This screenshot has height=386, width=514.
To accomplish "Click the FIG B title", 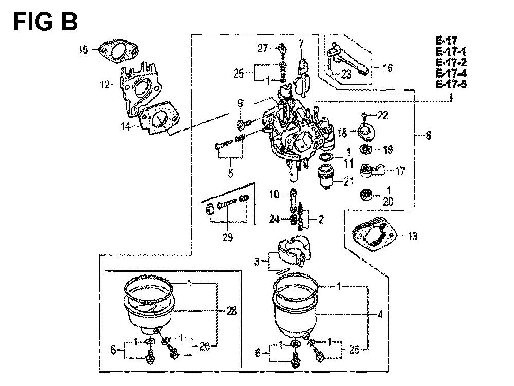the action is (x=45, y=22).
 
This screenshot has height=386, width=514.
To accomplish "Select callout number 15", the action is (x=83, y=50).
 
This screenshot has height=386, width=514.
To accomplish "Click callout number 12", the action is (x=105, y=84).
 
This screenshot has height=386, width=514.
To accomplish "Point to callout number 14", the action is (x=125, y=126).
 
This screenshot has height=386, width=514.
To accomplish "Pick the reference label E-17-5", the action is (x=451, y=84).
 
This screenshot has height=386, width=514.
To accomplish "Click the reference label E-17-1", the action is (x=451, y=51).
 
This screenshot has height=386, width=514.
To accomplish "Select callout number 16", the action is (x=388, y=68).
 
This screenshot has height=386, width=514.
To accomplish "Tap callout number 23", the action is (x=346, y=75).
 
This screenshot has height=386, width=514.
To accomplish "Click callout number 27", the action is (x=262, y=48).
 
